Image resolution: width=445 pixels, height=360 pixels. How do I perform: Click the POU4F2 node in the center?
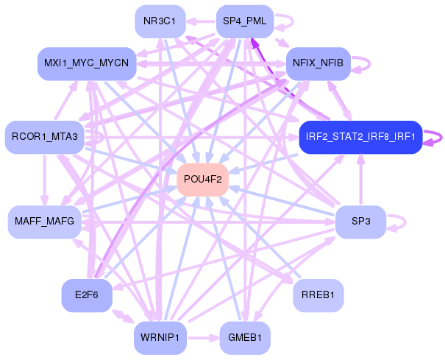(202, 180)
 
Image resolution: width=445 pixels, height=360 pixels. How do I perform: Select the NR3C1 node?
(160, 21)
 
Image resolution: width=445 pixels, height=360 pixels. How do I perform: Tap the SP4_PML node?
(244, 21)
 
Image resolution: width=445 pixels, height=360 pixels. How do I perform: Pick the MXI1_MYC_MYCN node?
(86, 64)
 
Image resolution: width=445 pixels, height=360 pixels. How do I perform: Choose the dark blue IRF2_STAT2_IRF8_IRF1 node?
(360, 137)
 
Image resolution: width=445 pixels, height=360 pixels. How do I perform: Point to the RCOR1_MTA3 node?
(45, 137)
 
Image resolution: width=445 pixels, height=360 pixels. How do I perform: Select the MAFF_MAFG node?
(45, 222)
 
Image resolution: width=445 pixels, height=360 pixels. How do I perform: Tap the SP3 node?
(360, 222)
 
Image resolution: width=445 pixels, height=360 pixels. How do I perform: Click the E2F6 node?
(86, 295)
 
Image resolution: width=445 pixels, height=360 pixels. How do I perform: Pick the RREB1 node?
(318, 295)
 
